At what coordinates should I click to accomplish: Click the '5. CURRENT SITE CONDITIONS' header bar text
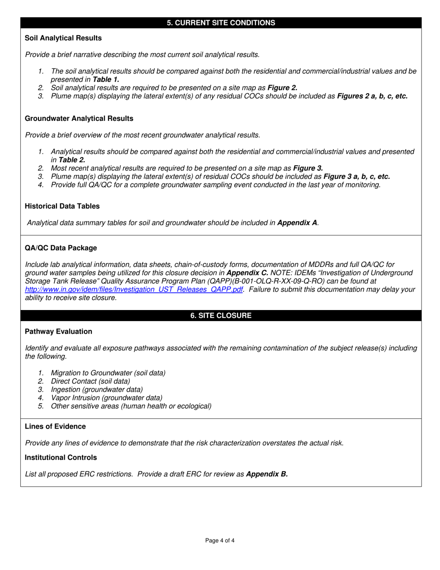[221, 23]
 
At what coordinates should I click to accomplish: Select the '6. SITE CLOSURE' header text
[221, 316]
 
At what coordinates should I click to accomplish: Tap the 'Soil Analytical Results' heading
[63, 38]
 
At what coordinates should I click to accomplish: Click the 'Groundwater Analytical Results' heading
[79, 119]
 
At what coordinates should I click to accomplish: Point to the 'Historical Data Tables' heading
[62, 206]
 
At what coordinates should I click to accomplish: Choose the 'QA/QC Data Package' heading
[61, 248]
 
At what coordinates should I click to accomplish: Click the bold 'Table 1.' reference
[103, 79]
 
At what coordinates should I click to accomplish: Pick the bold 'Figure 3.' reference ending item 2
[308, 168]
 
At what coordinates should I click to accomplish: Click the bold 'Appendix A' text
[297, 223]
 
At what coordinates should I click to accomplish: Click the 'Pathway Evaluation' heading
[58, 331]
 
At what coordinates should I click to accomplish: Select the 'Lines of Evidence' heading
[55, 426]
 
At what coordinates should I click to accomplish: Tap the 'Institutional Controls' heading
[61, 457]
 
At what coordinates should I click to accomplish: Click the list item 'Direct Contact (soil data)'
[90, 381]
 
